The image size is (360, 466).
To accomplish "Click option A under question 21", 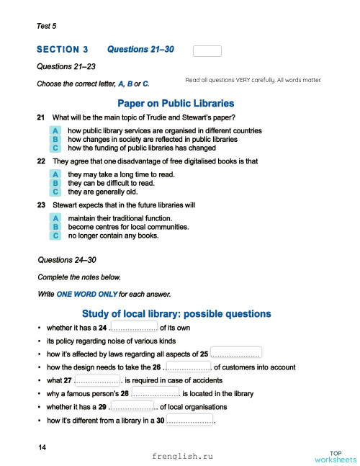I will (55, 130).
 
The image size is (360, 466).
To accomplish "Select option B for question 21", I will (55, 138).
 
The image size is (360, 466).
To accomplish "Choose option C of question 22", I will (55, 192).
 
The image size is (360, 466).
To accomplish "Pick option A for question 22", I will (55, 175).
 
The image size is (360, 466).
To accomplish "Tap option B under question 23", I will (55, 226).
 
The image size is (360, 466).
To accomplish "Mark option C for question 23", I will (55, 235).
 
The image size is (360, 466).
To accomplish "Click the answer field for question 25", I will (235, 354).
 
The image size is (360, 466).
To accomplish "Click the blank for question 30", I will (190, 420).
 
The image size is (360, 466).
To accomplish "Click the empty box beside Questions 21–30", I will (207, 50).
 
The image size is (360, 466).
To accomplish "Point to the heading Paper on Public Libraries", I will (180, 103).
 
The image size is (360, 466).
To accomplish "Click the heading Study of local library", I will (176, 314).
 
